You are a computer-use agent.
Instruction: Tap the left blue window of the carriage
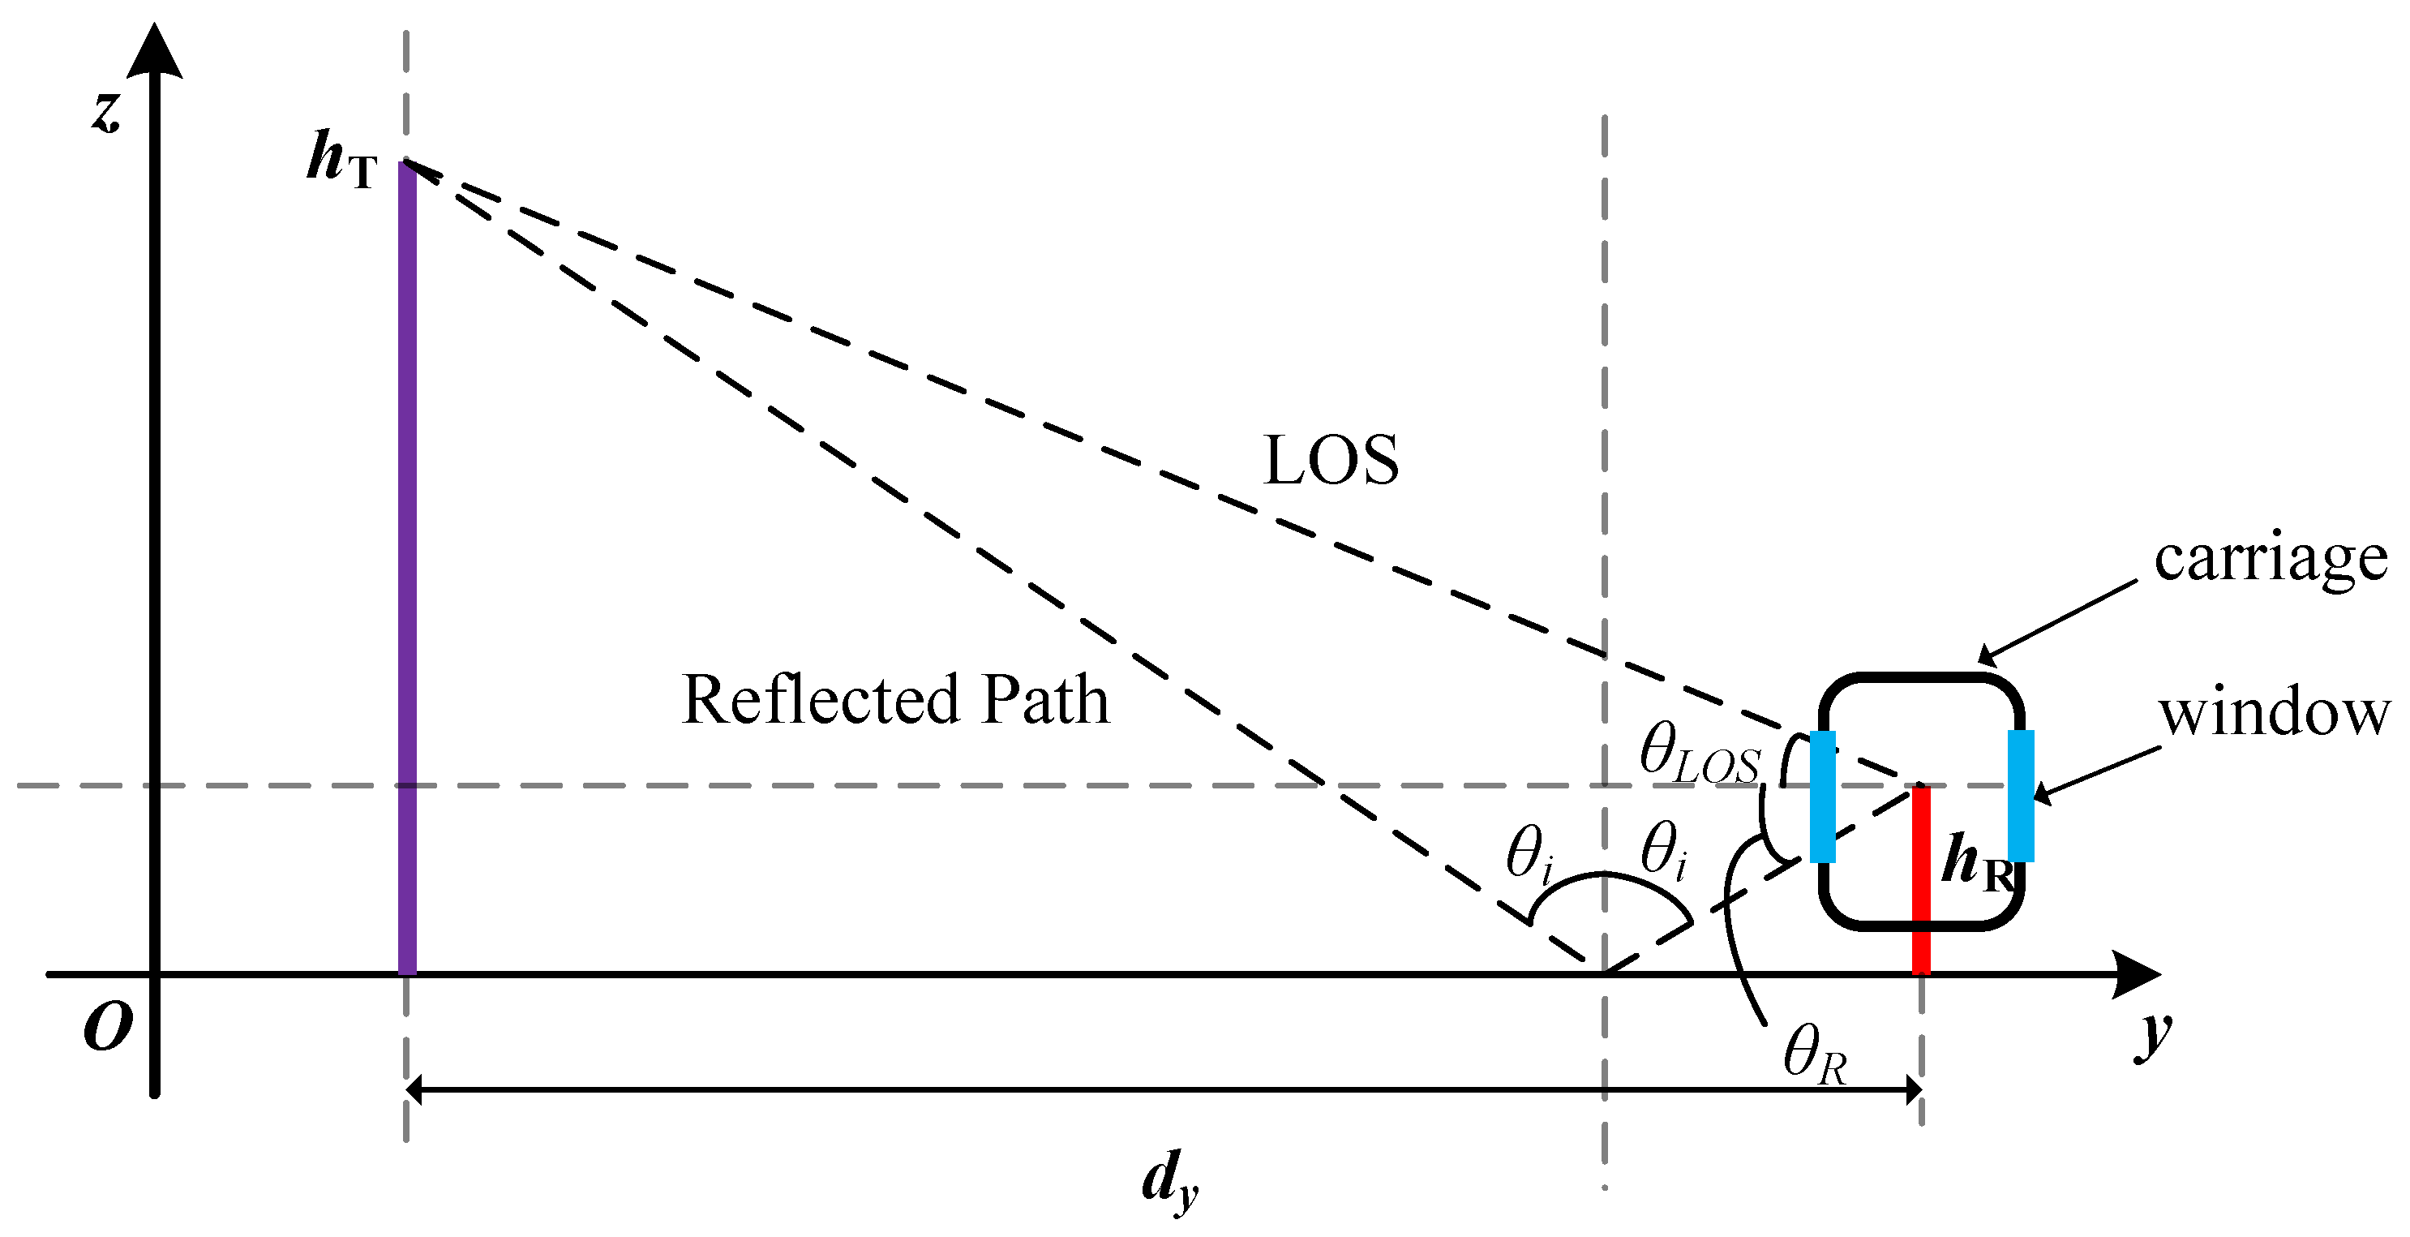[1822, 796]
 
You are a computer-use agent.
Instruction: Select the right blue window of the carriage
[2021, 796]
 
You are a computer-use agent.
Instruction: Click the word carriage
[2270, 561]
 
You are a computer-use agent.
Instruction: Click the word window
[2274, 713]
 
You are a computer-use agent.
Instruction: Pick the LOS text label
[1331, 462]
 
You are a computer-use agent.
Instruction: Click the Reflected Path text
[895, 700]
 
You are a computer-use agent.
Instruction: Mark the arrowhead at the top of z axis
[154, 51]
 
